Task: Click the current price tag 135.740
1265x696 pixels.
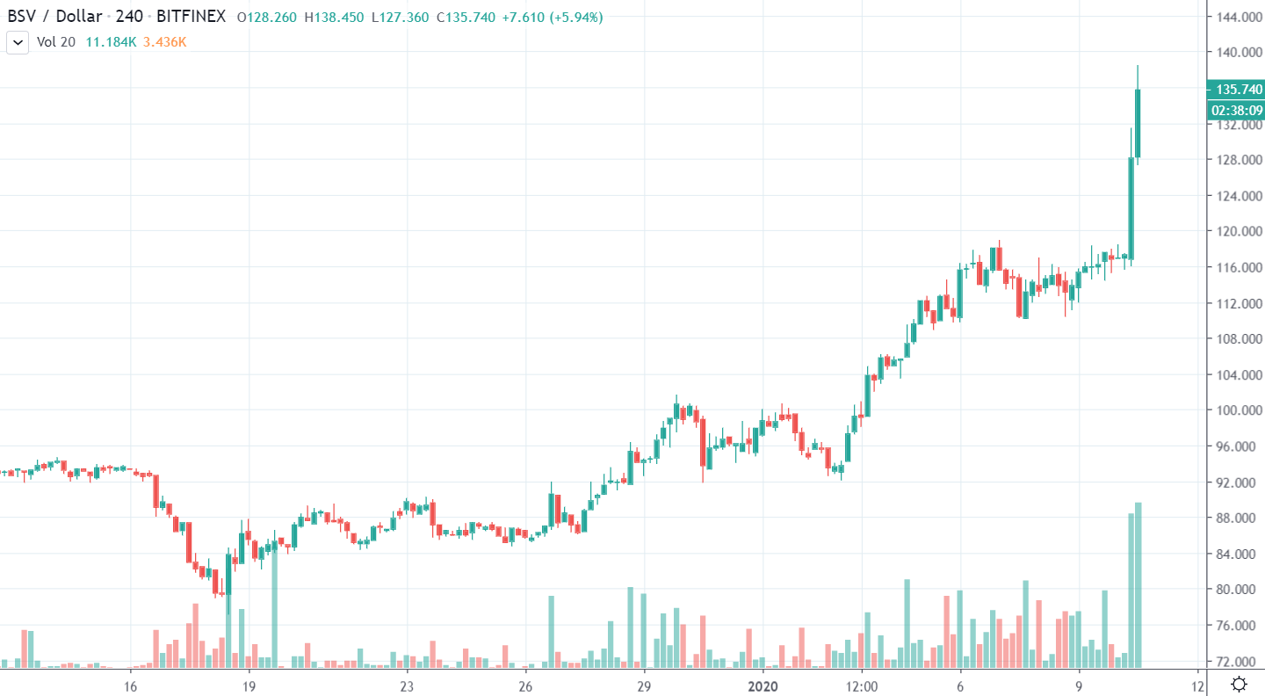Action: pyautogui.click(x=1236, y=89)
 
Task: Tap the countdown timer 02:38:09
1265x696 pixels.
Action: pyautogui.click(x=1236, y=110)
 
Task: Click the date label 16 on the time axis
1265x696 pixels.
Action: pyautogui.click(x=130, y=684)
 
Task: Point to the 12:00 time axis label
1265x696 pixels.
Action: pyautogui.click(x=862, y=684)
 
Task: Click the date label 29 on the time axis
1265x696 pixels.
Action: pyautogui.click(x=643, y=684)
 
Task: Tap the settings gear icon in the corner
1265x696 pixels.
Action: pyautogui.click(x=1239, y=684)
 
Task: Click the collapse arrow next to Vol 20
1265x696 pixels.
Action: pyautogui.click(x=18, y=41)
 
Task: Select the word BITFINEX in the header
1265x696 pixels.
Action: pyautogui.click(x=191, y=16)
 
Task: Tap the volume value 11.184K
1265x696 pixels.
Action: pyautogui.click(x=111, y=41)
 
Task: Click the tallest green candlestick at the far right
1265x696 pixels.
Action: pyautogui.click(x=1138, y=123)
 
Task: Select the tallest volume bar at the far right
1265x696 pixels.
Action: pyautogui.click(x=1138, y=584)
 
